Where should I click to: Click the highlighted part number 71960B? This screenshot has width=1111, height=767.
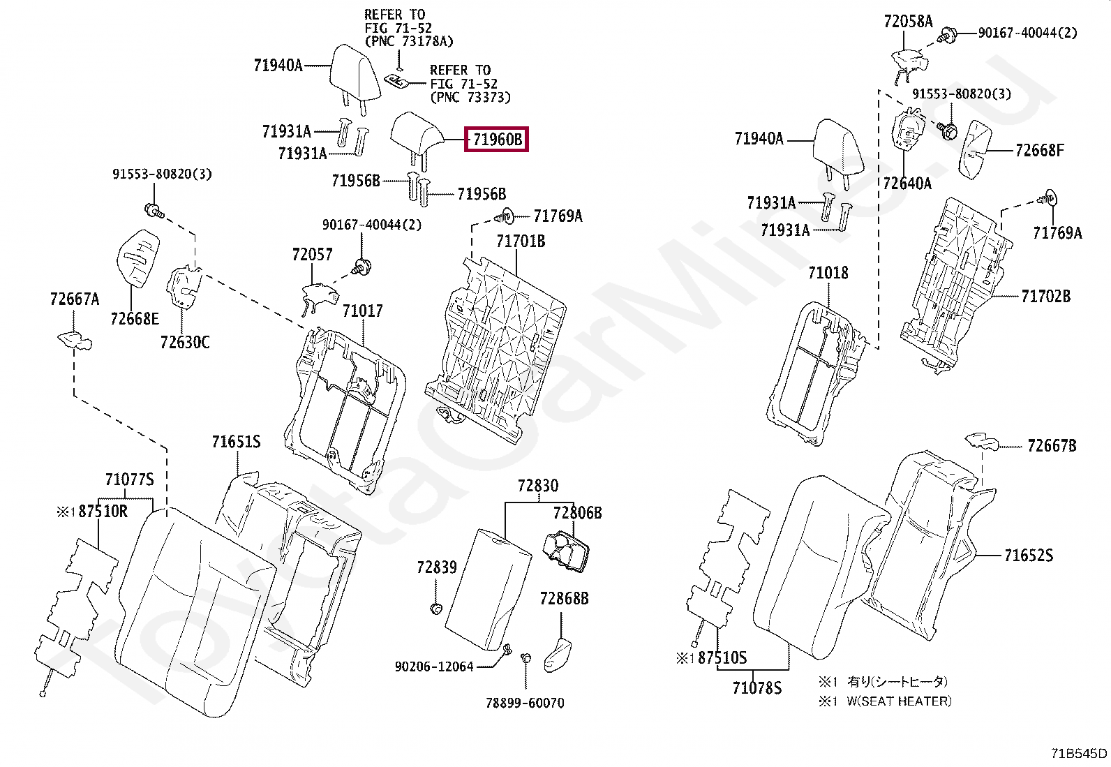(497, 140)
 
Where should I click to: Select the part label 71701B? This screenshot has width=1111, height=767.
(521, 241)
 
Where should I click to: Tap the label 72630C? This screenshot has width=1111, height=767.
(184, 342)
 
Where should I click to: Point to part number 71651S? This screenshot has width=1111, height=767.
(236, 442)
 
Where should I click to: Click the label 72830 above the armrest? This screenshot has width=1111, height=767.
(537, 486)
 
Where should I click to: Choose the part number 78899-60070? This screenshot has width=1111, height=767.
(525, 703)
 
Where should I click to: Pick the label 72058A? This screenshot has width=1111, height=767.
(907, 22)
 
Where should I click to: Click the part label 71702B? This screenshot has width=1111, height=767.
(1045, 297)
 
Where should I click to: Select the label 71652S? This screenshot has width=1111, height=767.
(1029, 556)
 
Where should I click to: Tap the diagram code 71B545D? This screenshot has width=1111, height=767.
(1079, 754)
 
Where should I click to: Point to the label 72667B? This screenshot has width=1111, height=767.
(1051, 445)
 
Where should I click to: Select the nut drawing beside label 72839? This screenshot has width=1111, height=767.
(435, 609)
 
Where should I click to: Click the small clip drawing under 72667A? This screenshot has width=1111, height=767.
(74, 341)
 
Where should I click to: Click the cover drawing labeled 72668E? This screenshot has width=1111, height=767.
(138, 256)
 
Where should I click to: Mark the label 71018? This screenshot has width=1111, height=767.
(828, 273)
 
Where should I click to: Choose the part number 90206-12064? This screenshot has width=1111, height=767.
(433, 667)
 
